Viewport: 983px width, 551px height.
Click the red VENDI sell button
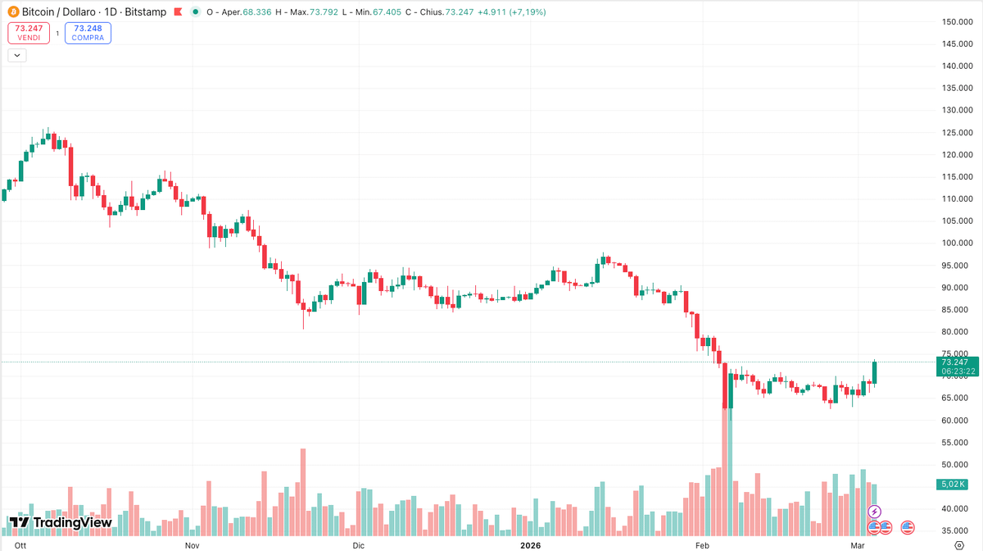click(28, 33)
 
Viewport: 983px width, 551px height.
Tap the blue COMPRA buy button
click(88, 33)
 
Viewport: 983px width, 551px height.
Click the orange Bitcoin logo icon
click(13, 12)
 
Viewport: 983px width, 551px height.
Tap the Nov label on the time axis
click(193, 544)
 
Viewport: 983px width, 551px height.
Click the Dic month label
click(358, 544)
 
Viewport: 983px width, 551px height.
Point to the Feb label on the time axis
click(703, 544)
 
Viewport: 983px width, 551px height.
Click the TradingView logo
click(60, 522)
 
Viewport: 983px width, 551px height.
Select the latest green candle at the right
click(875, 373)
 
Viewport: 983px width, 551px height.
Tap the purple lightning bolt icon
click(874, 512)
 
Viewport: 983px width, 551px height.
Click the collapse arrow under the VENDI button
click(17, 55)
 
